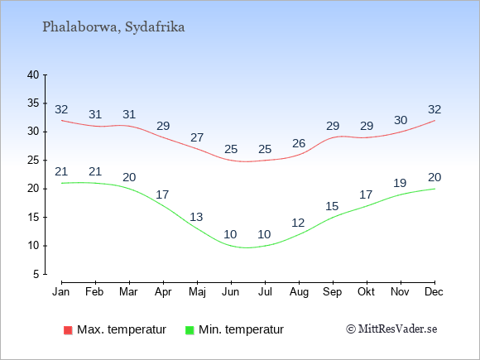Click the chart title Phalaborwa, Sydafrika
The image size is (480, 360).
113,27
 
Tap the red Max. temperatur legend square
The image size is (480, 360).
68,330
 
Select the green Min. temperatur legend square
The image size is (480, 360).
190,330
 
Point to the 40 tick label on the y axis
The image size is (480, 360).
33,74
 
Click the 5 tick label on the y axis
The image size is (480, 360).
36,274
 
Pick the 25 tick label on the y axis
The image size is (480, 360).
33,160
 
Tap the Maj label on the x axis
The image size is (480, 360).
197,292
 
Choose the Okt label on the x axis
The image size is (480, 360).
366,292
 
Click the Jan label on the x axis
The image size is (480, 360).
61,292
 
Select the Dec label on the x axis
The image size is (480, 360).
434,292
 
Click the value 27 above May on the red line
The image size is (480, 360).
197,137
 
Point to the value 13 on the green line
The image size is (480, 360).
196,217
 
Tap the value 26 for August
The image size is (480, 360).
299,143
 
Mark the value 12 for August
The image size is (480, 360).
298,223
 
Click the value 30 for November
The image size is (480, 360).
401,120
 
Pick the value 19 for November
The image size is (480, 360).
400,183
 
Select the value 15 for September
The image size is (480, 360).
332,206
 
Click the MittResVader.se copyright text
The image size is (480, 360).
391,329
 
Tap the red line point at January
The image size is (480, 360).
62,120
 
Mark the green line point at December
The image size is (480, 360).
434,189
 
